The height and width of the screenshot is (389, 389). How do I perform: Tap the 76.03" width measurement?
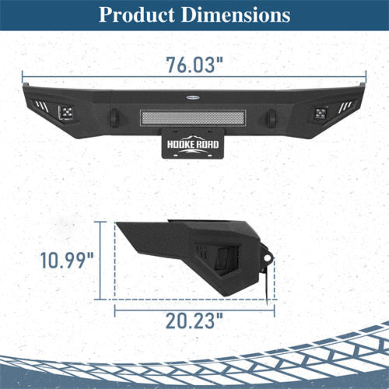click(194, 65)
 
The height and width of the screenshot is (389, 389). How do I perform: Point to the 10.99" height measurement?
click(67, 260)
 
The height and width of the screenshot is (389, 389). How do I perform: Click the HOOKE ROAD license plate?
click(193, 144)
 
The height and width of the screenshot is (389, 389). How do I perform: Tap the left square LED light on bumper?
click(66, 112)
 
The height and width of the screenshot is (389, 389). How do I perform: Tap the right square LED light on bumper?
click(321, 113)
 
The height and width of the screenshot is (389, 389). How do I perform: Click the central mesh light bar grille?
click(193, 117)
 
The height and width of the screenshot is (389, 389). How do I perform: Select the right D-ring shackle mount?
click(271, 118)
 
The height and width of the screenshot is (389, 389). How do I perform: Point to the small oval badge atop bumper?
click(193, 98)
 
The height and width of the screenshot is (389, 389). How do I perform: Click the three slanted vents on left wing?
click(41, 106)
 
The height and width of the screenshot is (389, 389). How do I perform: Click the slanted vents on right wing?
click(346, 106)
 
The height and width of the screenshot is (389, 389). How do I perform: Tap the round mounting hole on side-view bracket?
click(267, 258)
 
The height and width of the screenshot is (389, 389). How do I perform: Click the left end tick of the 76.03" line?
click(22, 76)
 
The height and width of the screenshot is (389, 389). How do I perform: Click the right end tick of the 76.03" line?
click(366, 76)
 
